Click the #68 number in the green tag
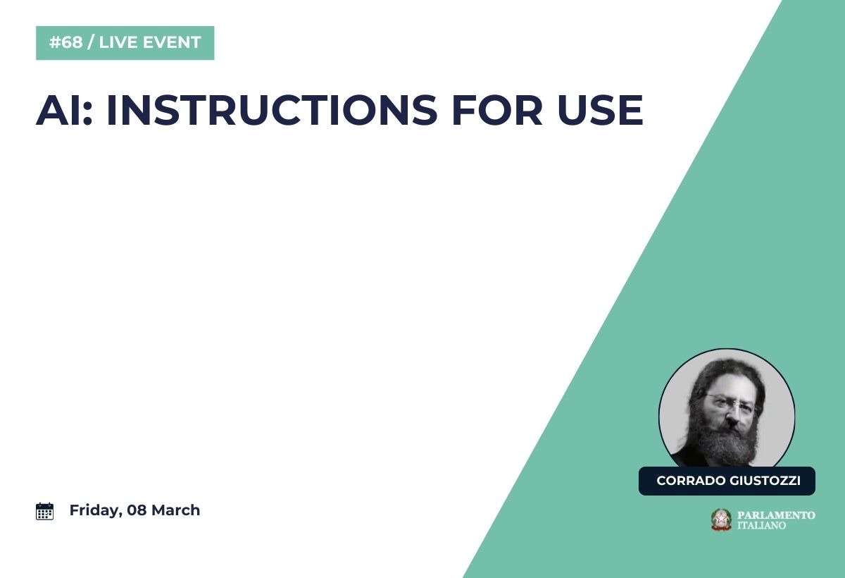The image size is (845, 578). [x=65, y=42]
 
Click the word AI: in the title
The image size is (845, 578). [x=64, y=110]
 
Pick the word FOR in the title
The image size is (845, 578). [x=497, y=110]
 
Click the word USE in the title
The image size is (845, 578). [x=600, y=110]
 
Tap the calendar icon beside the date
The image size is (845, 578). [x=44, y=511]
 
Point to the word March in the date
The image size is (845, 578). [x=175, y=510]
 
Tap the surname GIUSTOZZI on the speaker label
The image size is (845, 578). [x=765, y=481]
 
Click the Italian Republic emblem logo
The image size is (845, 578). [x=721, y=519]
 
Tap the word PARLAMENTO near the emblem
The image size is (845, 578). [x=776, y=515]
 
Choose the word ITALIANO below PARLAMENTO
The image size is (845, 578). [x=761, y=526]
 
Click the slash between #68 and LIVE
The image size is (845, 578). [x=91, y=42]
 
